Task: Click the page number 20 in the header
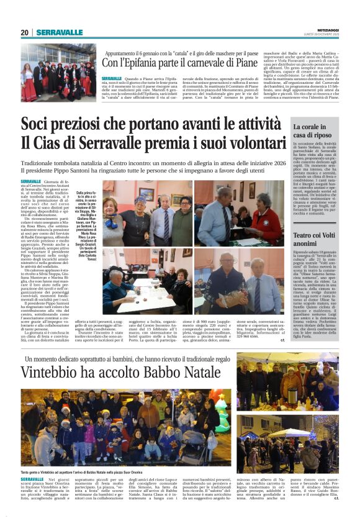tap(25, 32)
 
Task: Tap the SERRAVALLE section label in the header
tap(59, 32)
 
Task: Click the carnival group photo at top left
tap(58, 73)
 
